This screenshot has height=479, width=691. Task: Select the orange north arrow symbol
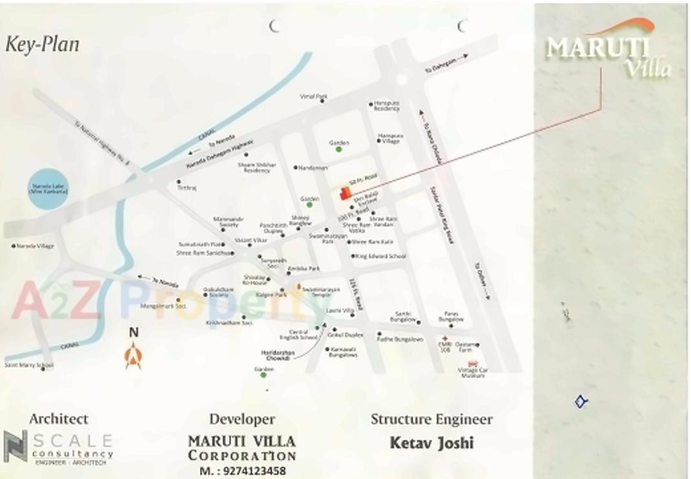coord(133,354)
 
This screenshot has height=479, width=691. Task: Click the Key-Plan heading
coord(42,45)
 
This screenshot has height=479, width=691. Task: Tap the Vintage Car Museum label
coord(472,373)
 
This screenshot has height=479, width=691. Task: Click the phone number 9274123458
coord(243,471)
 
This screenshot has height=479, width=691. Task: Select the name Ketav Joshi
coord(431,443)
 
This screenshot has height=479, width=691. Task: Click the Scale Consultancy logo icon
coord(15,446)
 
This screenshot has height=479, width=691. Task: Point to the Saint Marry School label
coord(28,365)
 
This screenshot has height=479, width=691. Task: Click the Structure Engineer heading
coord(432,419)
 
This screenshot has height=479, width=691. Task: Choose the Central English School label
coord(298,334)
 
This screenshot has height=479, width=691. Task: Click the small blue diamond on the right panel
coord(580,402)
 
